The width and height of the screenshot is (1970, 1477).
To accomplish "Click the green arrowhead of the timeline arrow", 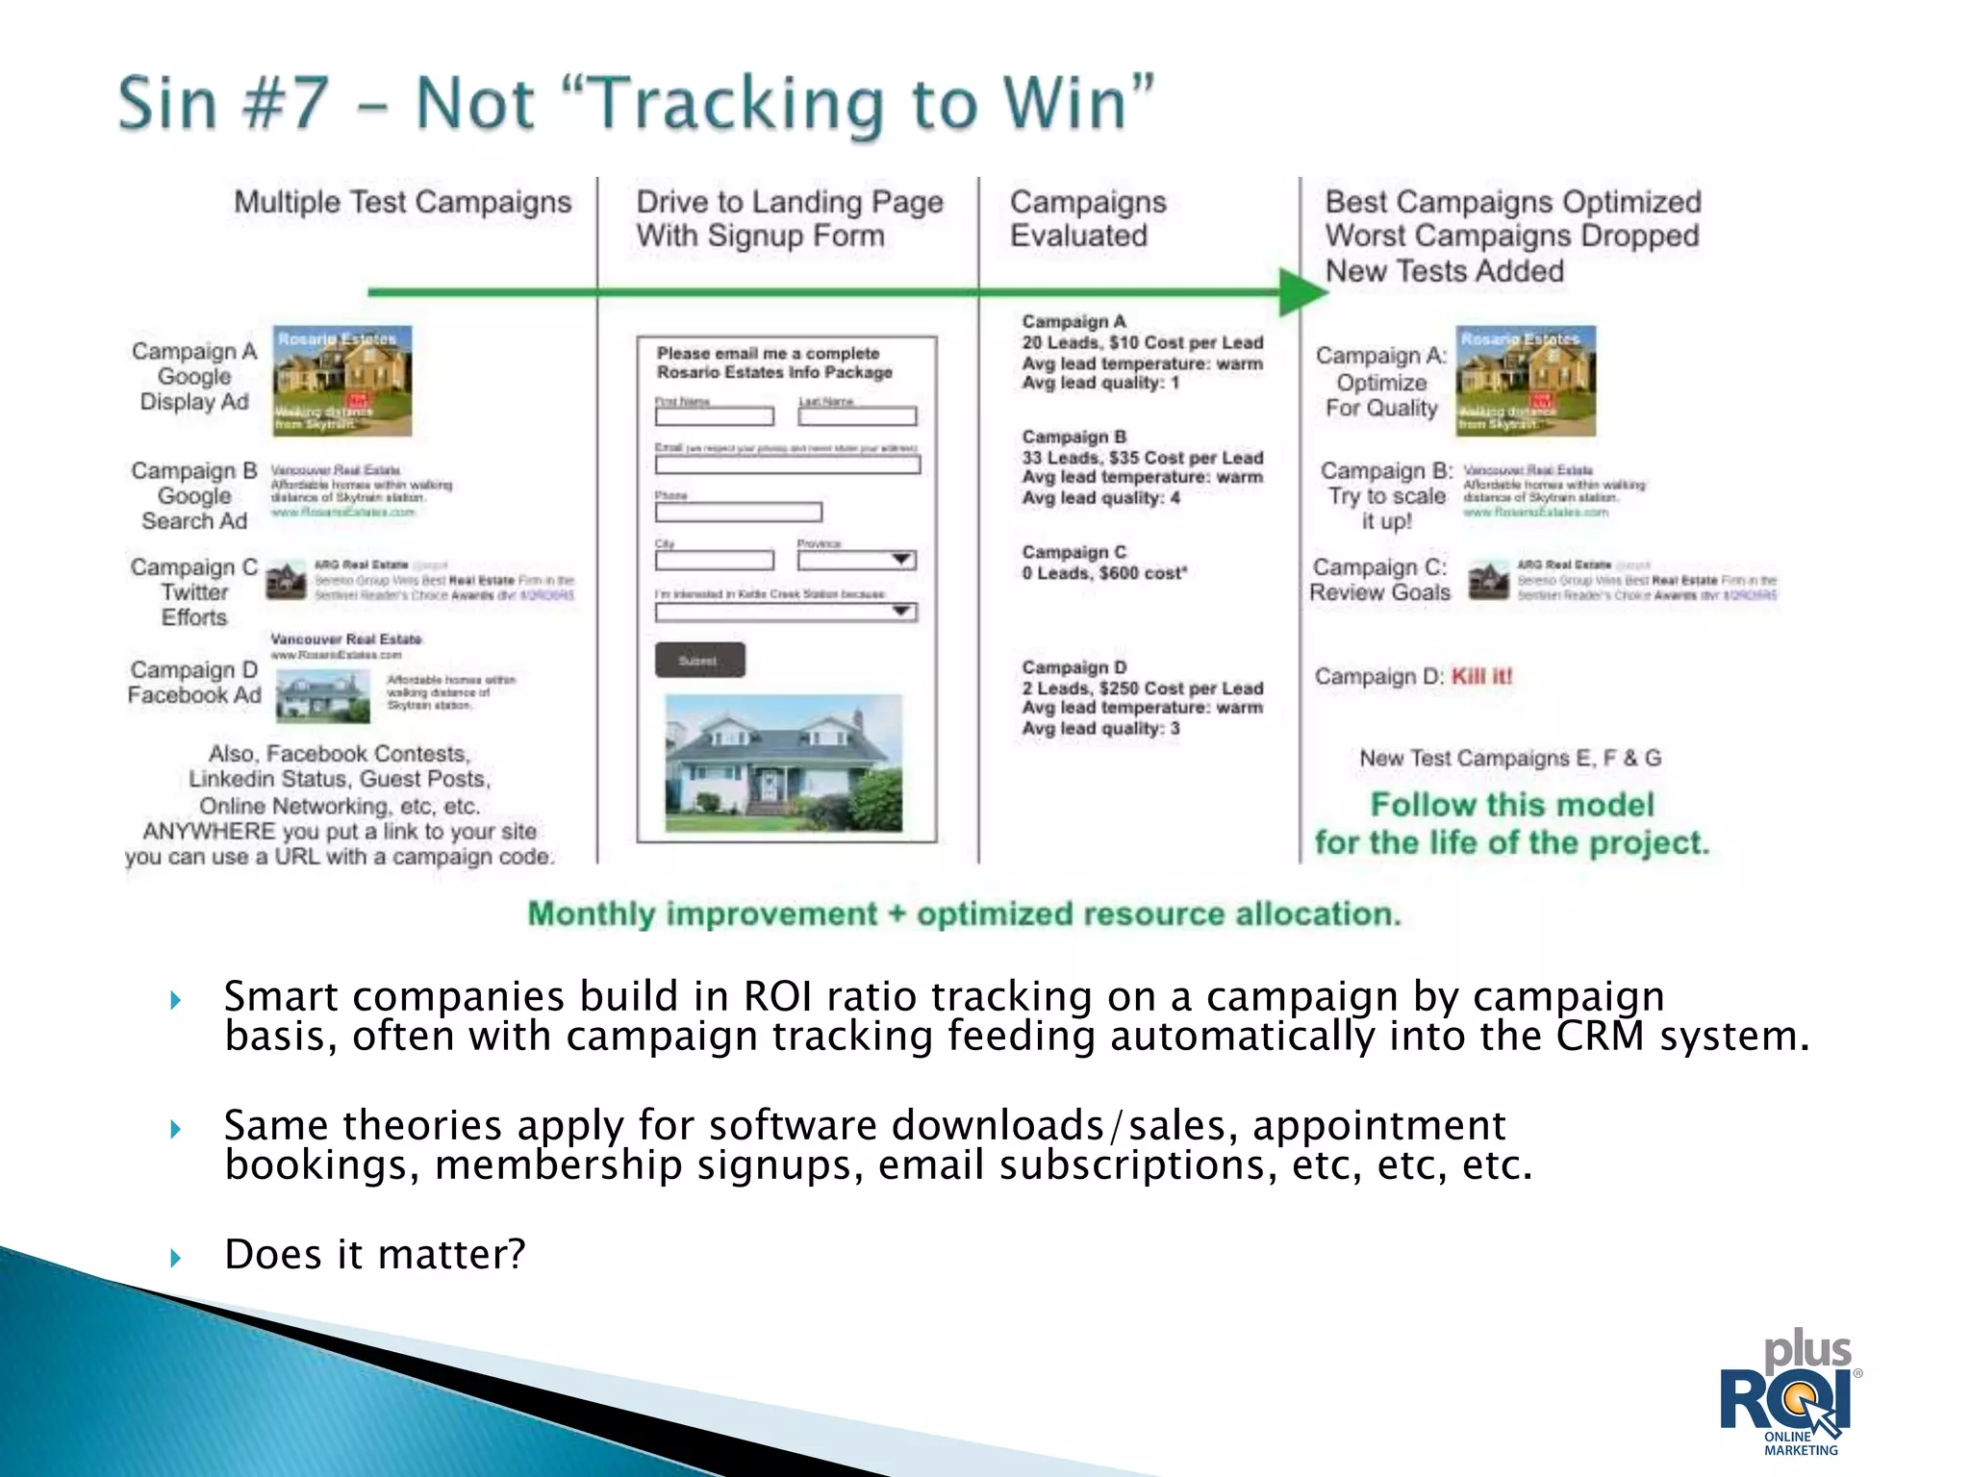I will [x=1301, y=291].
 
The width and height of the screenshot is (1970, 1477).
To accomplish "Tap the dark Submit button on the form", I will [x=699, y=661].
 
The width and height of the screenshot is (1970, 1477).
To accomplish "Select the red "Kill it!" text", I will [x=1481, y=676].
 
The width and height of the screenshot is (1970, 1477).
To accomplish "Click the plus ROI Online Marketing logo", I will [x=1790, y=1393].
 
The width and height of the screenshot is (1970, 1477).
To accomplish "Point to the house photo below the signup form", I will [x=784, y=764].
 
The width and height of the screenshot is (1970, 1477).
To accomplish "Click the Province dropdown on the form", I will [x=856, y=560].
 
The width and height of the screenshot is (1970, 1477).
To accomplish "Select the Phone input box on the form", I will [x=738, y=513].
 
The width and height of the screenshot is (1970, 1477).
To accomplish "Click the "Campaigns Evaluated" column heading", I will [x=1087, y=218].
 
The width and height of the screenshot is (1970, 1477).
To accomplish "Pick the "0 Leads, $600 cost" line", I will [x=1104, y=573].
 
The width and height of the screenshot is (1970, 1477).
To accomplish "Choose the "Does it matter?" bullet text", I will [x=374, y=1255].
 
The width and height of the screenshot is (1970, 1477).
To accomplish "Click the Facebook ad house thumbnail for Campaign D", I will [x=322, y=695].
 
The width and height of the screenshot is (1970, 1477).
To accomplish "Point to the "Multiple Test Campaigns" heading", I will [x=402, y=202].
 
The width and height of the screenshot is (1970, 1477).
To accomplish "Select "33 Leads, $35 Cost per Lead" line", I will [x=1142, y=458].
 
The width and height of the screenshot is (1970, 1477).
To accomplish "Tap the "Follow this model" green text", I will [x=1511, y=804].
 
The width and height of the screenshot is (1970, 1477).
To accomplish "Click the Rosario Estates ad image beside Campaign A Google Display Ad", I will [x=341, y=381].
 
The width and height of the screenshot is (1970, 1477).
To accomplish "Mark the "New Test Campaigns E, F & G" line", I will [x=1509, y=758].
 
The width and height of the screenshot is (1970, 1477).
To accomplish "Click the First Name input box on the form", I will [x=714, y=416].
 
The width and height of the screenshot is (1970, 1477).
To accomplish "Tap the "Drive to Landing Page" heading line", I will [x=789, y=202].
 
